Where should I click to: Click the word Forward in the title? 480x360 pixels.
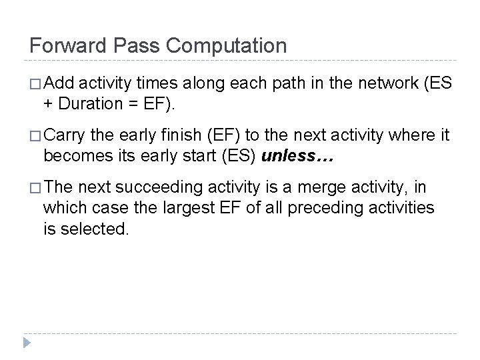66,46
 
